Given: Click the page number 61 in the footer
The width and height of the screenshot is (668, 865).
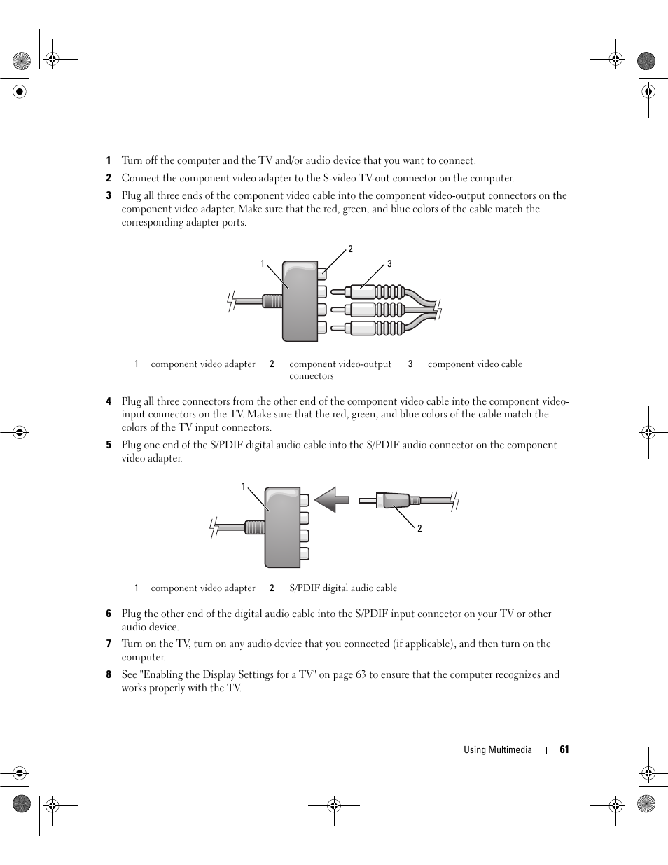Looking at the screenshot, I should click(x=564, y=749).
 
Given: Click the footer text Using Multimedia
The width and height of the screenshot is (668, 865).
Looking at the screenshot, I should click(x=497, y=749).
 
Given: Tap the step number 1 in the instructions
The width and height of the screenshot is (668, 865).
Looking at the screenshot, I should click(x=109, y=161).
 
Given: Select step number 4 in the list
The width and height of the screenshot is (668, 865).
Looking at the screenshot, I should click(x=109, y=401).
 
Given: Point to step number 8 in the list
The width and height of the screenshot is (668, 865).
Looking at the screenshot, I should click(x=109, y=675).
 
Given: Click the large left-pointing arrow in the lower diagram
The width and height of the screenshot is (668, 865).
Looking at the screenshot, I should click(x=331, y=500).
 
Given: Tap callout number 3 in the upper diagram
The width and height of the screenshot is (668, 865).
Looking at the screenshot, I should click(x=389, y=264).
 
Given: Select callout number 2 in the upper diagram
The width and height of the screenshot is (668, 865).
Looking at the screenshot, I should click(x=350, y=249).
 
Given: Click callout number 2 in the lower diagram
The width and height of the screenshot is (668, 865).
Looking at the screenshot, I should click(x=419, y=529).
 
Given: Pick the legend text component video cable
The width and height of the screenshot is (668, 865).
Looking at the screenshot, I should click(x=475, y=364).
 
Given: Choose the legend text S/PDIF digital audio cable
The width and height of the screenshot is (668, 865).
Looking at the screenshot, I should click(x=343, y=588).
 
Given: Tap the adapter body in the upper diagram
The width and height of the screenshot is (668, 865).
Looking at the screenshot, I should click(x=300, y=301).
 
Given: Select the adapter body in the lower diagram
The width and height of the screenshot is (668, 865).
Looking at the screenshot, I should click(x=281, y=527).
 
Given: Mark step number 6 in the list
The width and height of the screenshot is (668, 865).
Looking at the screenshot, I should click(x=109, y=614).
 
